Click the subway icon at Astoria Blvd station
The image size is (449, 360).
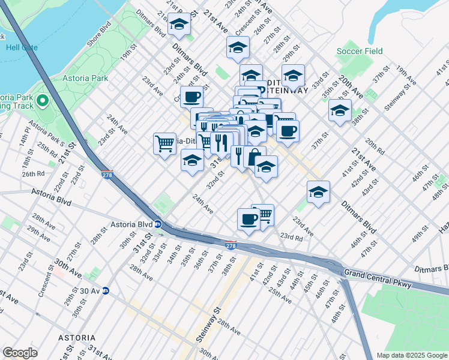157,224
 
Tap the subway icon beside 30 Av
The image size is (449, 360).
106,291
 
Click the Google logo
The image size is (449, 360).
20,353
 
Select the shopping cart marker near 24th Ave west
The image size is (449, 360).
164,143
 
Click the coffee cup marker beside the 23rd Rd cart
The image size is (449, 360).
248,219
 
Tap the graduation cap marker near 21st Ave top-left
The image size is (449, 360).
179,24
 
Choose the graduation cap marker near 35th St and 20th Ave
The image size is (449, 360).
340,110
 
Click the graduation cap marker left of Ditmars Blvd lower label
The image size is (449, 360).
318,191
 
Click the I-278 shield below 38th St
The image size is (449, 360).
231,246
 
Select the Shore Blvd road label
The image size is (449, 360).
100,37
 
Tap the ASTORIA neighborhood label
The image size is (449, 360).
76,338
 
